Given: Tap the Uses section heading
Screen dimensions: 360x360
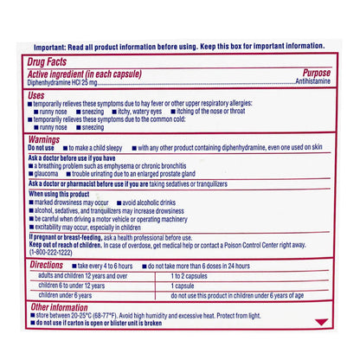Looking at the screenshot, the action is click(37, 94).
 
